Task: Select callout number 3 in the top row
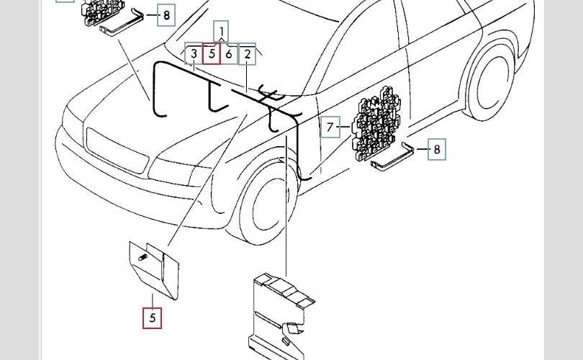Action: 194,54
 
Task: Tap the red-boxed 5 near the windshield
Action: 211,54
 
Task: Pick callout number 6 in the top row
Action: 229,54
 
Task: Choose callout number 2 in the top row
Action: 247,54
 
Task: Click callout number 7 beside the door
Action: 330,128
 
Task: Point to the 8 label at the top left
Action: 166,14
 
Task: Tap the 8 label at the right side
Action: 437,150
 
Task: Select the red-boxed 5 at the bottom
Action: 152,317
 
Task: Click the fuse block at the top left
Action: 105,9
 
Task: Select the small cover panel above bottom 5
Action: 154,268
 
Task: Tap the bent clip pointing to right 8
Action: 409,147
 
